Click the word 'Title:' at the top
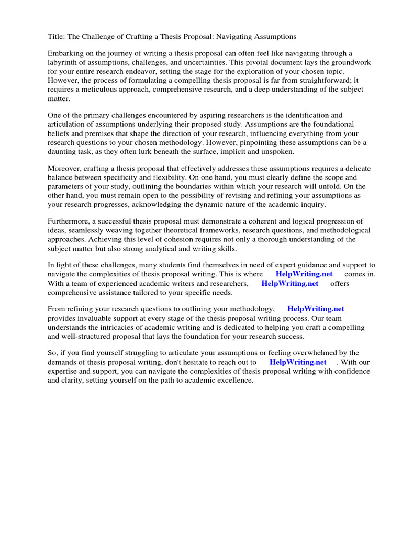pyautogui.click(x=57, y=36)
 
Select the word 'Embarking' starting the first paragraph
pyautogui.click(x=65, y=53)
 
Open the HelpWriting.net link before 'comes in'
pyautogui.click(x=304, y=274)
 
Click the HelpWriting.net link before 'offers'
pyautogui.click(x=289, y=283)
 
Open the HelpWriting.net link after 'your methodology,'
pyautogui.click(x=316, y=309)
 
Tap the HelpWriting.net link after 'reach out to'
pyautogui.click(x=298, y=362)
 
